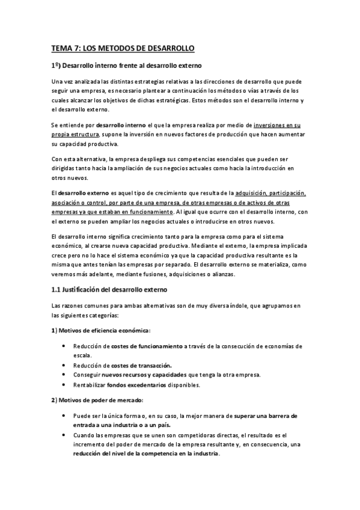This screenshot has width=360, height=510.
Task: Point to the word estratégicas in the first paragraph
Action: (x=170, y=100)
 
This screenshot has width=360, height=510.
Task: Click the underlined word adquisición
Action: (x=254, y=194)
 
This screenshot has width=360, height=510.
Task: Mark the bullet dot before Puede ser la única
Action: (x=64, y=416)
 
